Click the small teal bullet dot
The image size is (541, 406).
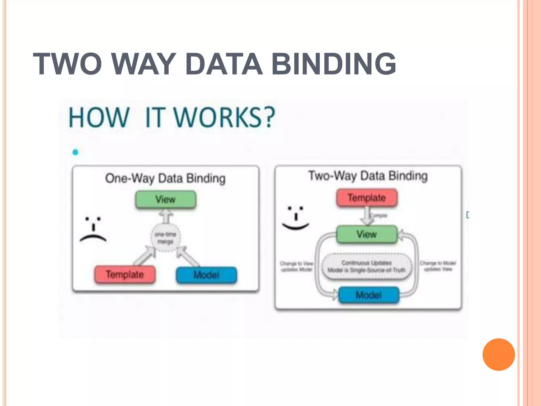(x=75, y=152)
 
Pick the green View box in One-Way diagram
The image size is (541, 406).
(x=166, y=200)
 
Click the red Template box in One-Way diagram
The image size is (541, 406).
(x=125, y=275)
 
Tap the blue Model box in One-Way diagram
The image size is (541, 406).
(x=206, y=275)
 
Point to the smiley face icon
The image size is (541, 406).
(x=296, y=218)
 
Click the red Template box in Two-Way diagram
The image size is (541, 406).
(x=367, y=198)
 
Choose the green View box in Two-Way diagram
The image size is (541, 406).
(x=367, y=234)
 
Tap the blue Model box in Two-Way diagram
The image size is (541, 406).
(x=369, y=295)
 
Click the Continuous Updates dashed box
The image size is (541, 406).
(x=367, y=266)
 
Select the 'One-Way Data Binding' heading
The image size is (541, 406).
(x=165, y=178)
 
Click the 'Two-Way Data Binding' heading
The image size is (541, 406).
(x=368, y=176)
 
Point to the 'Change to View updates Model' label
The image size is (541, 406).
(x=296, y=266)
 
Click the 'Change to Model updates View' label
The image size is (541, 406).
(x=438, y=266)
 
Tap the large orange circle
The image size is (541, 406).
(x=498, y=354)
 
